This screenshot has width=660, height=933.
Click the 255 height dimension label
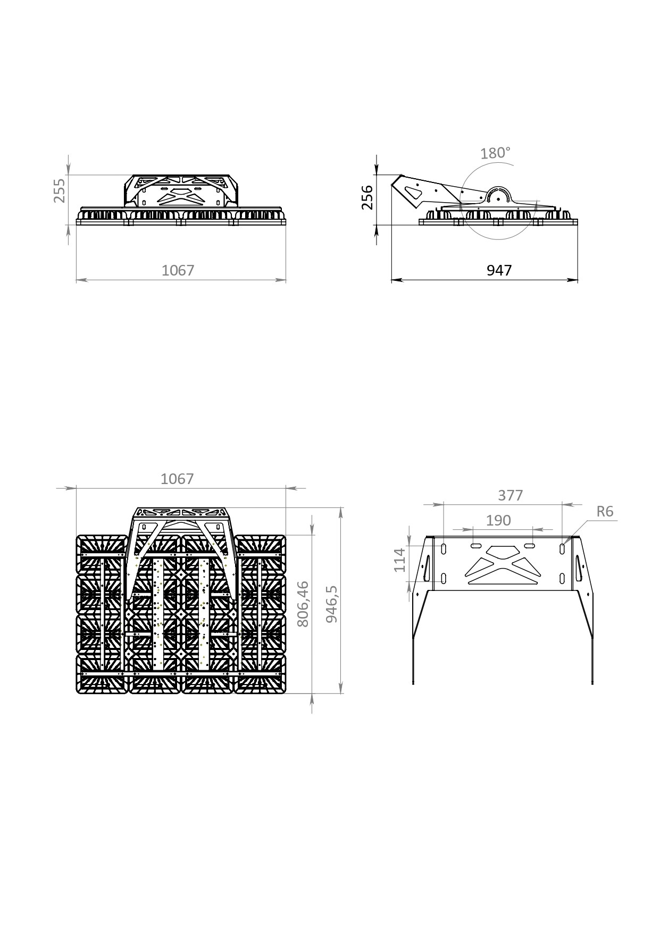pos(60,190)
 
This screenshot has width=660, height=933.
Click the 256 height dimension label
pos(367,197)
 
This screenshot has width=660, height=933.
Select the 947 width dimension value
pos(499,270)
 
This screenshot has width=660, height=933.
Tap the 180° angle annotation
pos(495,153)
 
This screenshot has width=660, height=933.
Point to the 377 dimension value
pos(511,495)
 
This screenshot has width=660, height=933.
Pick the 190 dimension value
pos(498,520)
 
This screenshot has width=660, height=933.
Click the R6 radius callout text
pos(605,512)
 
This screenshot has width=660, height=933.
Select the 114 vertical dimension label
pos(400,560)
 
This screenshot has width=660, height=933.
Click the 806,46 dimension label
pos(302,604)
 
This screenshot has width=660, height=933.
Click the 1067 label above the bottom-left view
pos(177,479)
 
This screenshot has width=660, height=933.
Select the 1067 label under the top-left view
pos(178,270)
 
